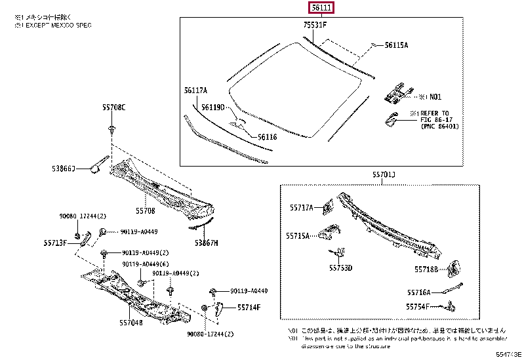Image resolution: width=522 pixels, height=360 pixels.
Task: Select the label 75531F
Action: coord(315,26)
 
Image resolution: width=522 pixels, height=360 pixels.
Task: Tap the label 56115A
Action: coord(396,45)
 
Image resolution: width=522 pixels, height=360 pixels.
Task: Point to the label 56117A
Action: coord(195,90)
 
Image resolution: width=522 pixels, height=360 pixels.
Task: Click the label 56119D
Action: coord(213,107)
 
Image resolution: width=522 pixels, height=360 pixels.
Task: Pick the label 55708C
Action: coord(113,106)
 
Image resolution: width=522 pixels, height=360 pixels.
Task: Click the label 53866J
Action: coord(64,169)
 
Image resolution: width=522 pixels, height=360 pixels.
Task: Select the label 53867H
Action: coord(207,243)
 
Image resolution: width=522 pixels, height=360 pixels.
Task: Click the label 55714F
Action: coord(249,307)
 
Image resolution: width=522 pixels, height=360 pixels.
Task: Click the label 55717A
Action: coord(302,208)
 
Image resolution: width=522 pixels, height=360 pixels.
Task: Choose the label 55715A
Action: coord(298,233)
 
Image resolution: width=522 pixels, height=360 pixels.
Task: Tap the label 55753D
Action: coord(340,268)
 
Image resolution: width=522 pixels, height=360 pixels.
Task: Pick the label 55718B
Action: coord(427,269)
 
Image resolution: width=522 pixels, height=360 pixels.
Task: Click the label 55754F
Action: coord(418,306)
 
